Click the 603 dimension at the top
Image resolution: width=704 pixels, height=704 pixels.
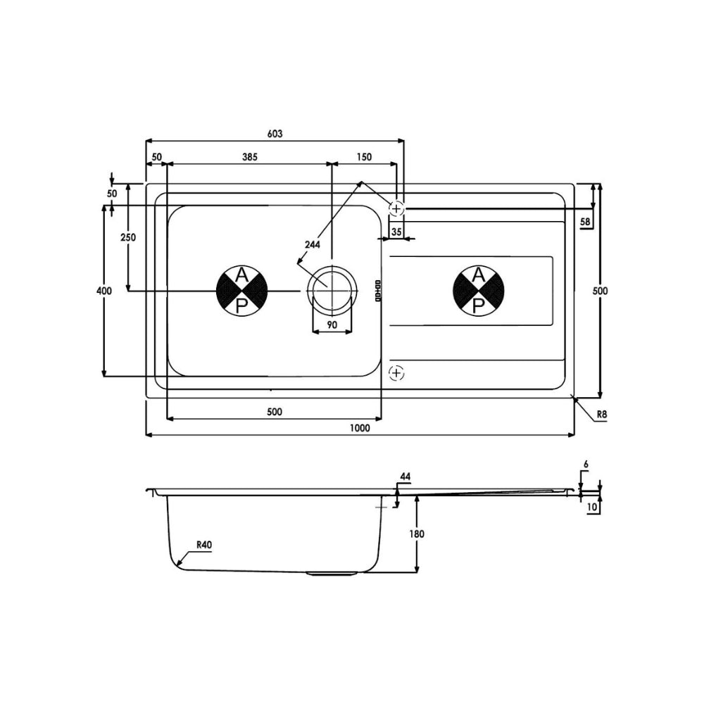[275, 133]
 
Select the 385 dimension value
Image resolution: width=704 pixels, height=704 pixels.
[250, 157]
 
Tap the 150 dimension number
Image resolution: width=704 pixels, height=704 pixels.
[364, 157]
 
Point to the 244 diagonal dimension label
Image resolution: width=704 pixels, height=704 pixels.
[313, 245]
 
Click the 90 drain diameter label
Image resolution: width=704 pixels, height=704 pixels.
[332, 325]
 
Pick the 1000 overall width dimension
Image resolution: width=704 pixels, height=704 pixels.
[360, 428]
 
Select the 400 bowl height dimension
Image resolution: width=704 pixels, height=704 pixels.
[104, 291]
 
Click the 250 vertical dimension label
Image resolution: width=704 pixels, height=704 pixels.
[128, 237]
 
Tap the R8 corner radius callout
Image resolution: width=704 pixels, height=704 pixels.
[602, 415]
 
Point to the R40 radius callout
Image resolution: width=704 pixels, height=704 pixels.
[204, 545]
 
